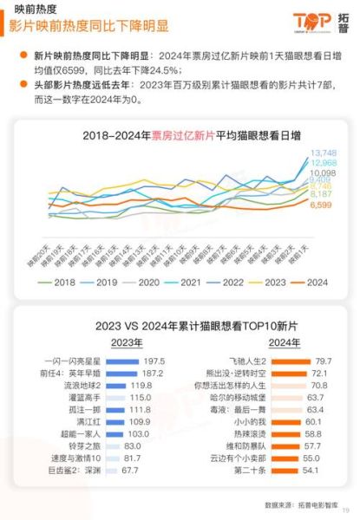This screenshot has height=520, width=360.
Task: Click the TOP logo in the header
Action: click(x=313, y=21)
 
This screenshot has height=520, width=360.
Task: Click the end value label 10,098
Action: click(x=322, y=173)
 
